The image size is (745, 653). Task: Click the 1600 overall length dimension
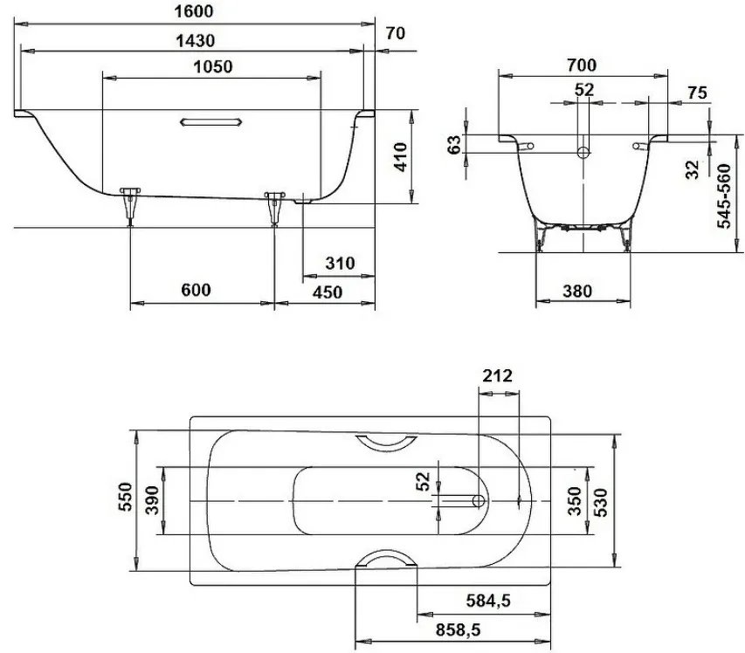click(x=194, y=11)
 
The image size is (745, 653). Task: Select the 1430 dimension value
click(x=196, y=41)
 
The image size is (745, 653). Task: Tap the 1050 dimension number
click(x=213, y=66)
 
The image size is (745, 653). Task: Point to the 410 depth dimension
click(x=401, y=157)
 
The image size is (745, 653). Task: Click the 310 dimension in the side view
click(x=340, y=263)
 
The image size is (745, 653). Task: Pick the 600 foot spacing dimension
click(x=196, y=290)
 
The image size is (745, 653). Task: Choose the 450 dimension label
click(x=328, y=292)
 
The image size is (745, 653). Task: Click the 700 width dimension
click(x=582, y=65)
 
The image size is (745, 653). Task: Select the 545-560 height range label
click(x=724, y=196)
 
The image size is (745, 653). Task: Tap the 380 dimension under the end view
click(x=577, y=291)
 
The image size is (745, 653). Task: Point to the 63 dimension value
click(x=454, y=144)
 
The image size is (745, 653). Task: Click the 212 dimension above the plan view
click(x=498, y=375)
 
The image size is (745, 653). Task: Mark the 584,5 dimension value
click(x=488, y=601)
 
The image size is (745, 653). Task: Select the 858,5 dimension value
click(x=458, y=630)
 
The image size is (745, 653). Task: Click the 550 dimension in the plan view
click(x=125, y=497)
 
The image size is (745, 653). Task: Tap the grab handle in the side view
click(x=211, y=122)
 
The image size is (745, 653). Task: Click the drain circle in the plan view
click(x=479, y=500)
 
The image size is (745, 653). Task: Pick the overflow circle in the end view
click(x=583, y=153)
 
